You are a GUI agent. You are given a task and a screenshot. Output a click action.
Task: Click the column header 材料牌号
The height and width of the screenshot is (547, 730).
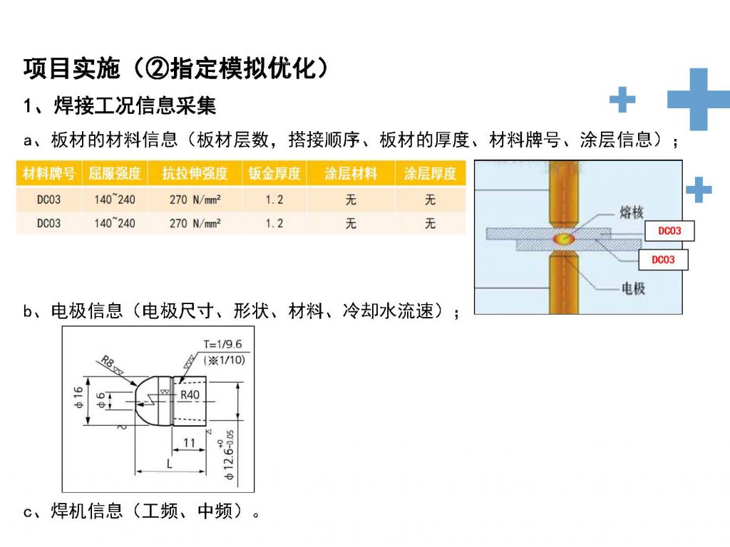pyautogui.click(x=49, y=174)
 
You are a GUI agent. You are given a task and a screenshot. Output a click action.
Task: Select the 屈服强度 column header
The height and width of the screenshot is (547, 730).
pyautogui.click(x=115, y=174)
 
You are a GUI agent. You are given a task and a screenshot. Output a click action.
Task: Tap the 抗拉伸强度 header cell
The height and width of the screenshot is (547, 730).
pyautogui.click(x=195, y=174)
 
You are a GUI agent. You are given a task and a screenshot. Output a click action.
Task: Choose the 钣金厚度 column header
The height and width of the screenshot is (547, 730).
pyautogui.click(x=274, y=174)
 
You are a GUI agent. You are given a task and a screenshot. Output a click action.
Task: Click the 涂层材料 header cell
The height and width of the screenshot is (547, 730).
pyautogui.click(x=351, y=174)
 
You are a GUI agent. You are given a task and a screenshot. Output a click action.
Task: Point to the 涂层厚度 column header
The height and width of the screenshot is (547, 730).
pyautogui.click(x=430, y=174)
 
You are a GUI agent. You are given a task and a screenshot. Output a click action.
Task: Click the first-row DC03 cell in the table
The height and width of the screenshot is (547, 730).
pyautogui.click(x=49, y=199)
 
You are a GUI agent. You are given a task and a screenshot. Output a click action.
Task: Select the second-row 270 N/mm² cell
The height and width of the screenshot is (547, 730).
pyautogui.click(x=195, y=224)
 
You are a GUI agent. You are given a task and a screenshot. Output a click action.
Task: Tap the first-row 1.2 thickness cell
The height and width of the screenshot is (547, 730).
pyautogui.click(x=274, y=199)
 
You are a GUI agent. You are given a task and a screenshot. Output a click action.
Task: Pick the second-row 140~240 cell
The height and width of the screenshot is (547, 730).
pyautogui.click(x=115, y=224)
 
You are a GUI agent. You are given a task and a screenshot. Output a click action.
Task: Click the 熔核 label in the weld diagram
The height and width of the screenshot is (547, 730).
pyautogui.click(x=632, y=212)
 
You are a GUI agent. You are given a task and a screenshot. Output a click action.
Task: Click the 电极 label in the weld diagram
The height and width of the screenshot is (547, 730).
pyautogui.click(x=634, y=288)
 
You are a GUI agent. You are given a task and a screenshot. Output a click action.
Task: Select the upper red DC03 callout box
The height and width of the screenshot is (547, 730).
pyautogui.click(x=669, y=231)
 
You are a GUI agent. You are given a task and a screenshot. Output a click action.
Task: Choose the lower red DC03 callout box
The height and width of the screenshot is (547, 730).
pyautogui.click(x=663, y=259)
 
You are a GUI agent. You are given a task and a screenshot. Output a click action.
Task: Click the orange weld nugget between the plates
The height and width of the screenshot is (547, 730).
pyautogui.click(x=563, y=239)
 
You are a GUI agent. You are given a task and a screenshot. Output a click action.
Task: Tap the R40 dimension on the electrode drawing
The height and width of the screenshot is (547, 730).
pyautogui.click(x=190, y=395)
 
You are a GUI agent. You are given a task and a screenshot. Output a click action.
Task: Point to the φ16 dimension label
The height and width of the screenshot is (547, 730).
pyautogui.click(x=78, y=397)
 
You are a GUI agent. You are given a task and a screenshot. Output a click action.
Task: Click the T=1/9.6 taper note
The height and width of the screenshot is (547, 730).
pyautogui.click(x=222, y=344)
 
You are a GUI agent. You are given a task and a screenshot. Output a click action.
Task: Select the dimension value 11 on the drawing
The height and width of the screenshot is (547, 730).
pyautogui.click(x=189, y=442)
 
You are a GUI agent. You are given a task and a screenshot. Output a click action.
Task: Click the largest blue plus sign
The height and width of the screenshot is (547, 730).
pyautogui.click(x=699, y=99)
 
